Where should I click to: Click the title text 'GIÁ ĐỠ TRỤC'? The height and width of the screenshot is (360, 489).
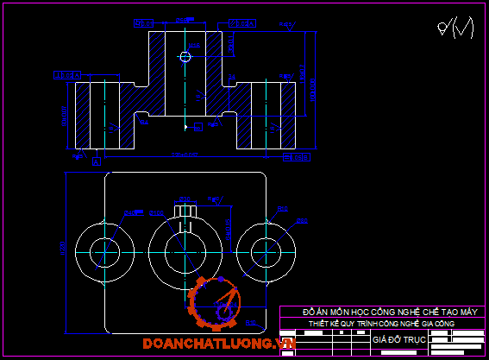pyautogui.click(x=394, y=339)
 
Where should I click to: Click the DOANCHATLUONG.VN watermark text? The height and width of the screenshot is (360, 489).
pyautogui.click(x=219, y=344)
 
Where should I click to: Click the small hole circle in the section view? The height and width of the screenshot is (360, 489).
pyautogui.click(x=185, y=57)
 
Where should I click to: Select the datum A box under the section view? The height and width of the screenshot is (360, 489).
pyautogui.click(x=97, y=161)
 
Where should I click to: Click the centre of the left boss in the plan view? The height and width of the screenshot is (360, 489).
pyautogui.click(x=103, y=251)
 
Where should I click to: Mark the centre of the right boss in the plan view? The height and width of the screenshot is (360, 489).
pyautogui.click(x=266, y=251)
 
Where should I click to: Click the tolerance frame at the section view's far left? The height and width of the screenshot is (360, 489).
pyautogui.click(x=63, y=76)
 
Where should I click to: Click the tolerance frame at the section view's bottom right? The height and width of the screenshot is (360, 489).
pyautogui.click(x=296, y=158)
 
